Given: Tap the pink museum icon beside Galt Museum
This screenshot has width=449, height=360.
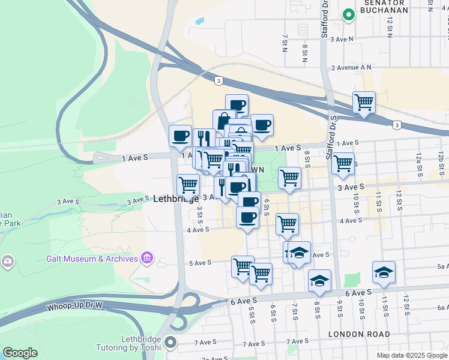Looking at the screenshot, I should coord(146,259).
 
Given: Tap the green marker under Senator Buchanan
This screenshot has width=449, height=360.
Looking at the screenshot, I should coord(347,16).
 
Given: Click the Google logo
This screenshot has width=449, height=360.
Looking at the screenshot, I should coord(20,353).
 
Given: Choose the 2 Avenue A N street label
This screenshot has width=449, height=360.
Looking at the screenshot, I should coord(351,68).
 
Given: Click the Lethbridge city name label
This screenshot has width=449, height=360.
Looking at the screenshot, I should coord(176,198).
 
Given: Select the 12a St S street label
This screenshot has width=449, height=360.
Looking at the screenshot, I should coord(418,163).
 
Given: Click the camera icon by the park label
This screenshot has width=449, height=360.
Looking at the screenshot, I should coord(7,260).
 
